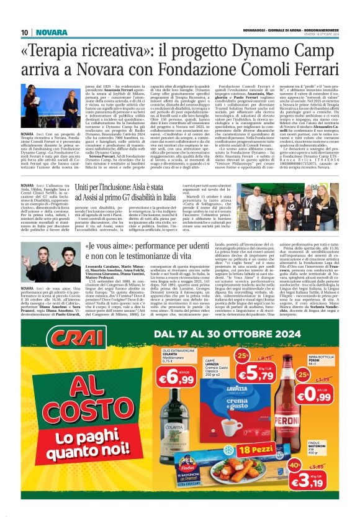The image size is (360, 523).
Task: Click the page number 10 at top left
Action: (x=24, y=32)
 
